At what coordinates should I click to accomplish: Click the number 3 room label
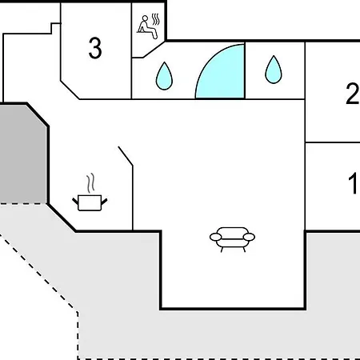pyautogui.click(x=95, y=48)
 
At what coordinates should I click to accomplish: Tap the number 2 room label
pyautogui.click(x=353, y=94)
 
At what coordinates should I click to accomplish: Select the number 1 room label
pyautogui.click(x=353, y=183)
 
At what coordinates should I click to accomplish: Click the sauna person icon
pyautogui.click(x=147, y=27)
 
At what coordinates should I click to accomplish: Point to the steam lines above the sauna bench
pyautogui.click(x=156, y=19)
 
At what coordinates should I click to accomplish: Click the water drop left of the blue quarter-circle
pyautogui.click(x=164, y=76)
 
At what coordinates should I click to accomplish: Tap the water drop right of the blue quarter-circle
pyautogui.click(x=274, y=70)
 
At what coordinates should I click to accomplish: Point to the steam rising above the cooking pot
pyautogui.click(x=90, y=183)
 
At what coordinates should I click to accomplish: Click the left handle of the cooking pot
pyautogui.click(x=75, y=202)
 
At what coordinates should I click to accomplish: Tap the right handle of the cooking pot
pyautogui.click(x=104, y=202)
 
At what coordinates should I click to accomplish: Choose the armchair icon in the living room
pyautogui.click(x=232, y=239)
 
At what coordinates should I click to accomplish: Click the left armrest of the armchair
pyautogui.click(x=215, y=237)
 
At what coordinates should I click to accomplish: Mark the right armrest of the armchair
pyautogui.click(x=249, y=237)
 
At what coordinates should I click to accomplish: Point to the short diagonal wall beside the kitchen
pyautogui.click(x=126, y=156)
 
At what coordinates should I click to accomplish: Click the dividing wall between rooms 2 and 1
pyautogui.click(x=333, y=142)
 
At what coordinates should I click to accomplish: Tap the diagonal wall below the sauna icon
pyautogui.click(x=154, y=49)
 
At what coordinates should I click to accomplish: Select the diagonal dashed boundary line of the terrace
pyautogui.click(x=38, y=273)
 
